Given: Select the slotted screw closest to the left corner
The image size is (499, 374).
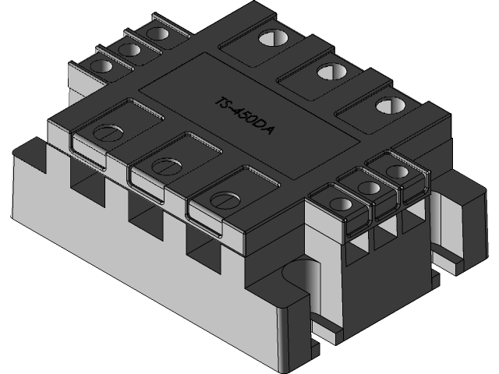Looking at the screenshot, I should click(x=108, y=132).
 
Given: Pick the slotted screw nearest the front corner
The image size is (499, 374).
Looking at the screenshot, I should click(x=224, y=199).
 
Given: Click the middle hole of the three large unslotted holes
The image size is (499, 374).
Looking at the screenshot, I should click(x=329, y=72).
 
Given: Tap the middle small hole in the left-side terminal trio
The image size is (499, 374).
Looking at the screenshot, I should click(x=129, y=50).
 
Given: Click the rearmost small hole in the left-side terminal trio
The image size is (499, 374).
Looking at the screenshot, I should click(x=157, y=34).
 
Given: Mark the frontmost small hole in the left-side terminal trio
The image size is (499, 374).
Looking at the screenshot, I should click(x=101, y=66).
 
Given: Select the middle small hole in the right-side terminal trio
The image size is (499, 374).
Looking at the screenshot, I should click(x=369, y=187).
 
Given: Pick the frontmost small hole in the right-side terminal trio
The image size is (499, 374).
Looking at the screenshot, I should click(x=341, y=204).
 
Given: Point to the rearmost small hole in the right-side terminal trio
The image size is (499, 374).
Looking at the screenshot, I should click(x=396, y=171).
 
